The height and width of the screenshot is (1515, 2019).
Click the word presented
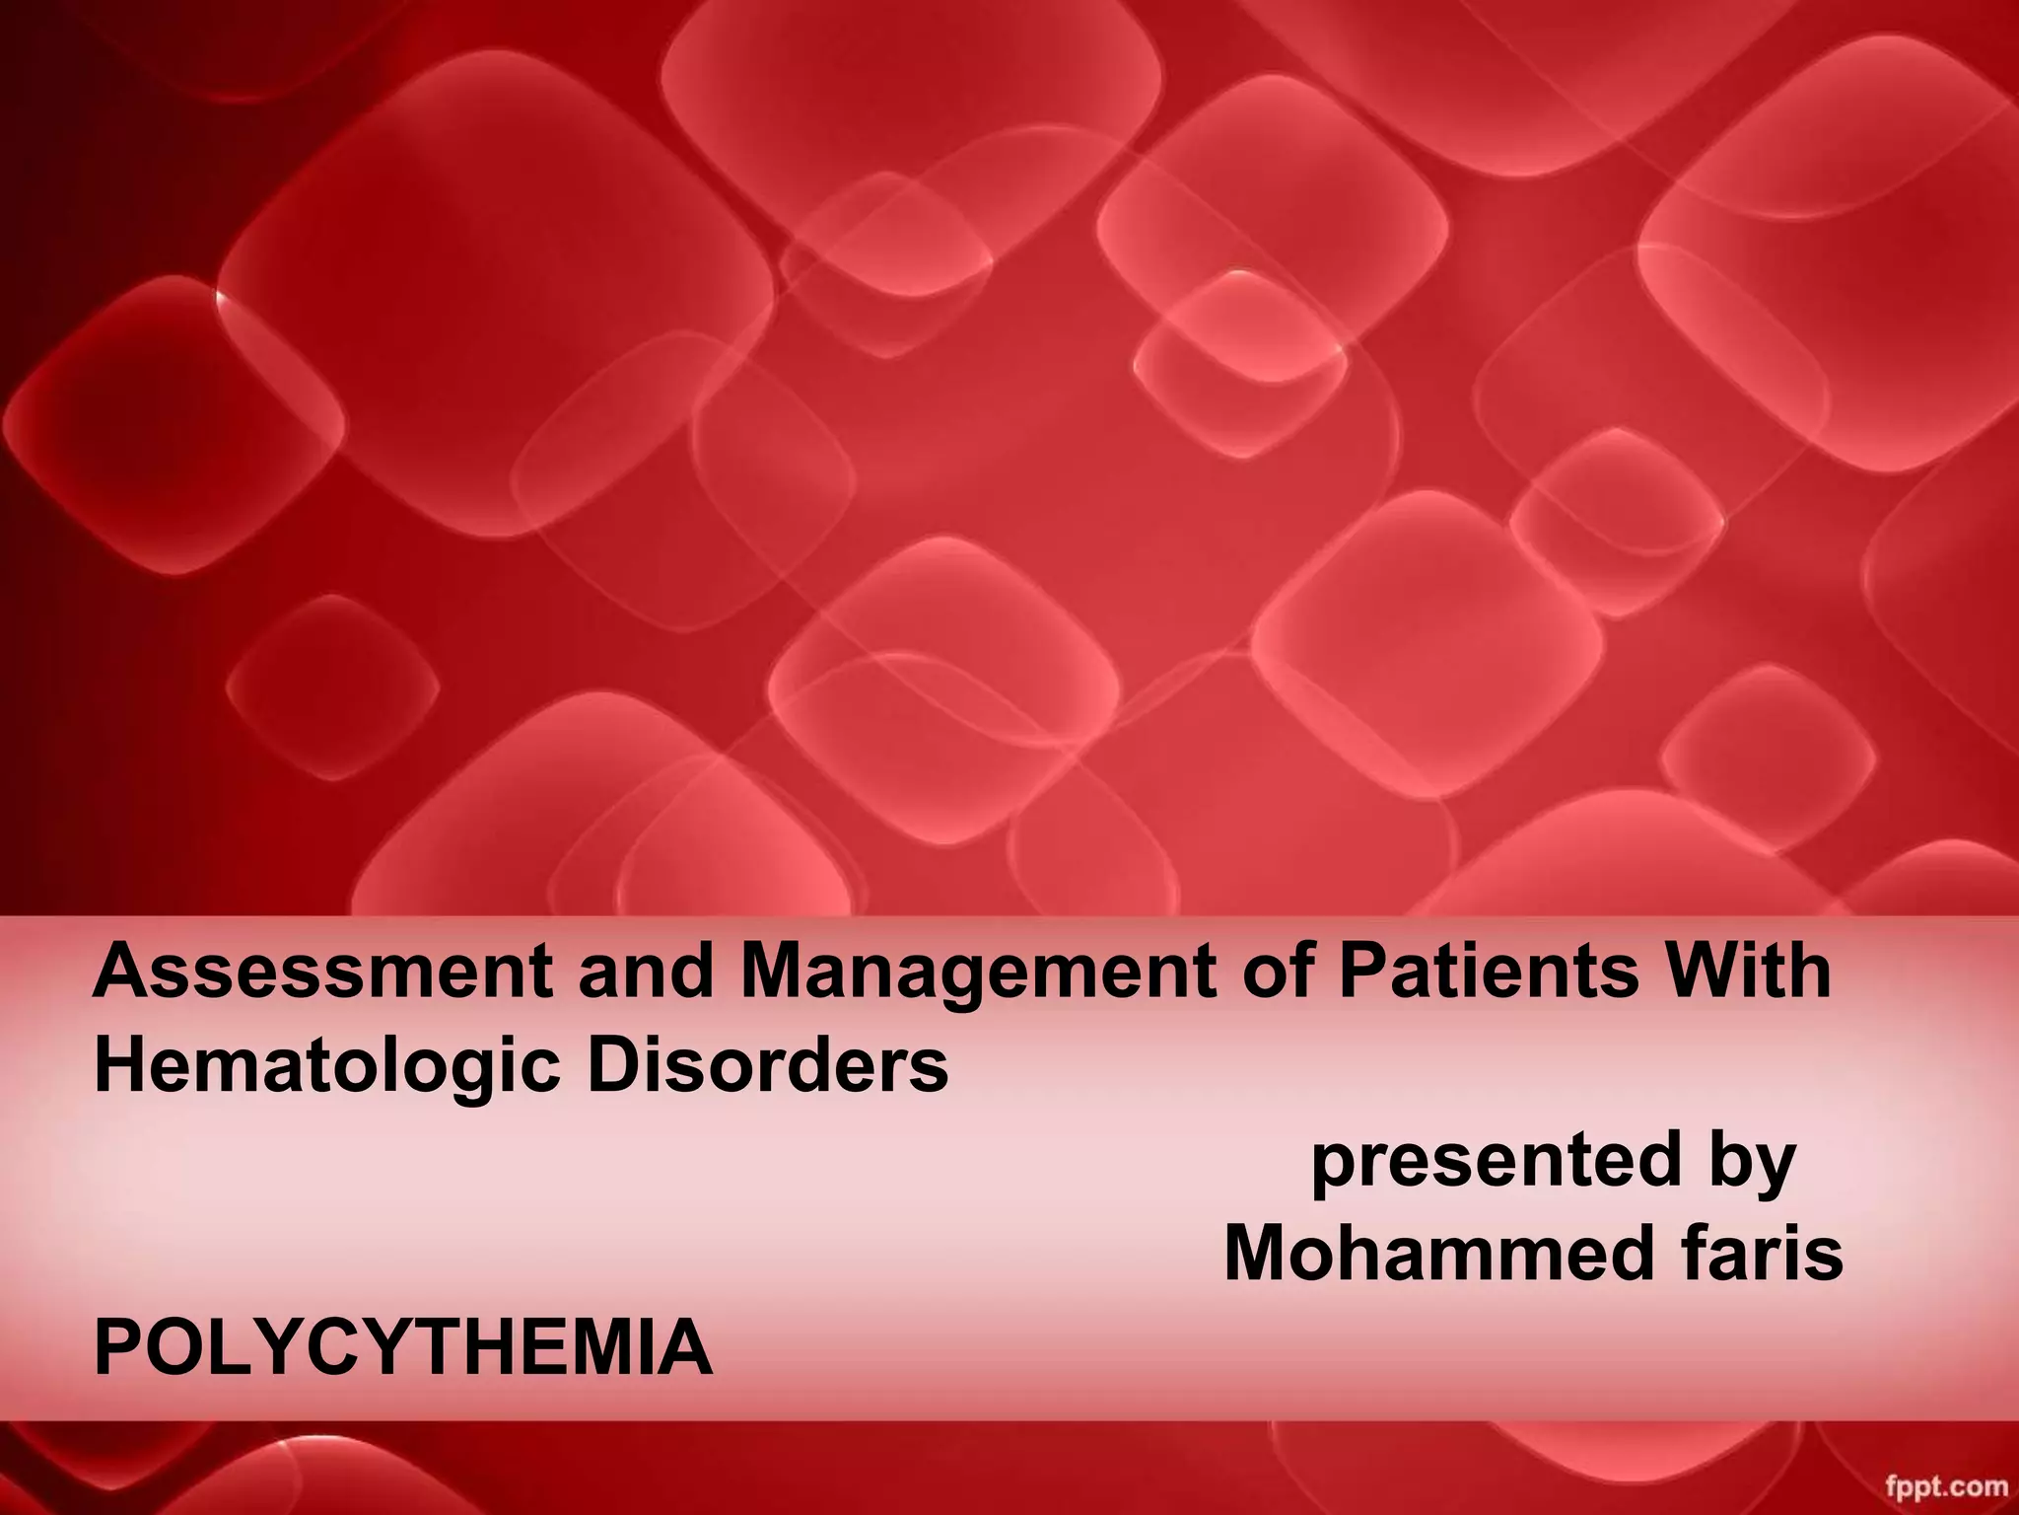1495,1161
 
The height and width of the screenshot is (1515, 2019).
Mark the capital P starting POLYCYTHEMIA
116,1348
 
